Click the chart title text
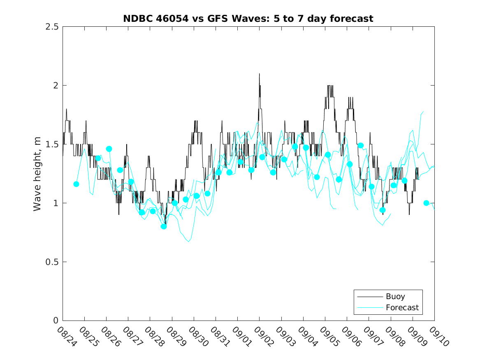click(x=248, y=19)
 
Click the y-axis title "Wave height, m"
click(x=37, y=174)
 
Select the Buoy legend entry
click(x=395, y=296)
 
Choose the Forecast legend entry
click(x=402, y=307)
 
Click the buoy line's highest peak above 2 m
click(x=259, y=74)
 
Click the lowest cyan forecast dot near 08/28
click(x=164, y=226)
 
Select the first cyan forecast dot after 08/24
click(x=76, y=184)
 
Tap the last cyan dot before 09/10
click(x=426, y=203)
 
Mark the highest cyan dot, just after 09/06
click(x=361, y=145)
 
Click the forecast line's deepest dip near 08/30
click(x=189, y=242)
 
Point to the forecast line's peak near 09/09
click(x=423, y=111)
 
